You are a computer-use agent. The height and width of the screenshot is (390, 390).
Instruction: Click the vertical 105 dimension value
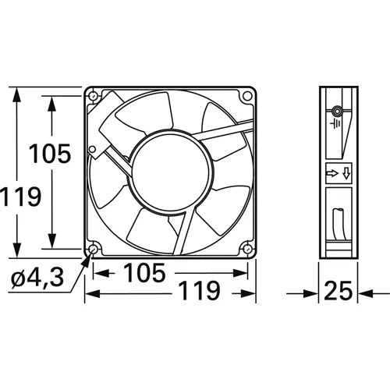[51, 153]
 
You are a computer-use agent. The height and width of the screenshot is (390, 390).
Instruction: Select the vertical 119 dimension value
[19, 197]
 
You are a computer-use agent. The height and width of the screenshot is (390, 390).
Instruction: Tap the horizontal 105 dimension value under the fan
[144, 273]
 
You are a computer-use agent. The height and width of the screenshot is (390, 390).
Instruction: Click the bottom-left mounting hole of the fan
[94, 250]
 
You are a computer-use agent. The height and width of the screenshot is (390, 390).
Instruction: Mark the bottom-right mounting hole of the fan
[247, 250]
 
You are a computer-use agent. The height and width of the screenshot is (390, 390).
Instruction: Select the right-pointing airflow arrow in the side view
[331, 173]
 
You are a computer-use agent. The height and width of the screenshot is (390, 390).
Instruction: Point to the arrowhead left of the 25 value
[314, 294]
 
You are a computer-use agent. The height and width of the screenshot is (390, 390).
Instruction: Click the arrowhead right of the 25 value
[360, 294]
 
